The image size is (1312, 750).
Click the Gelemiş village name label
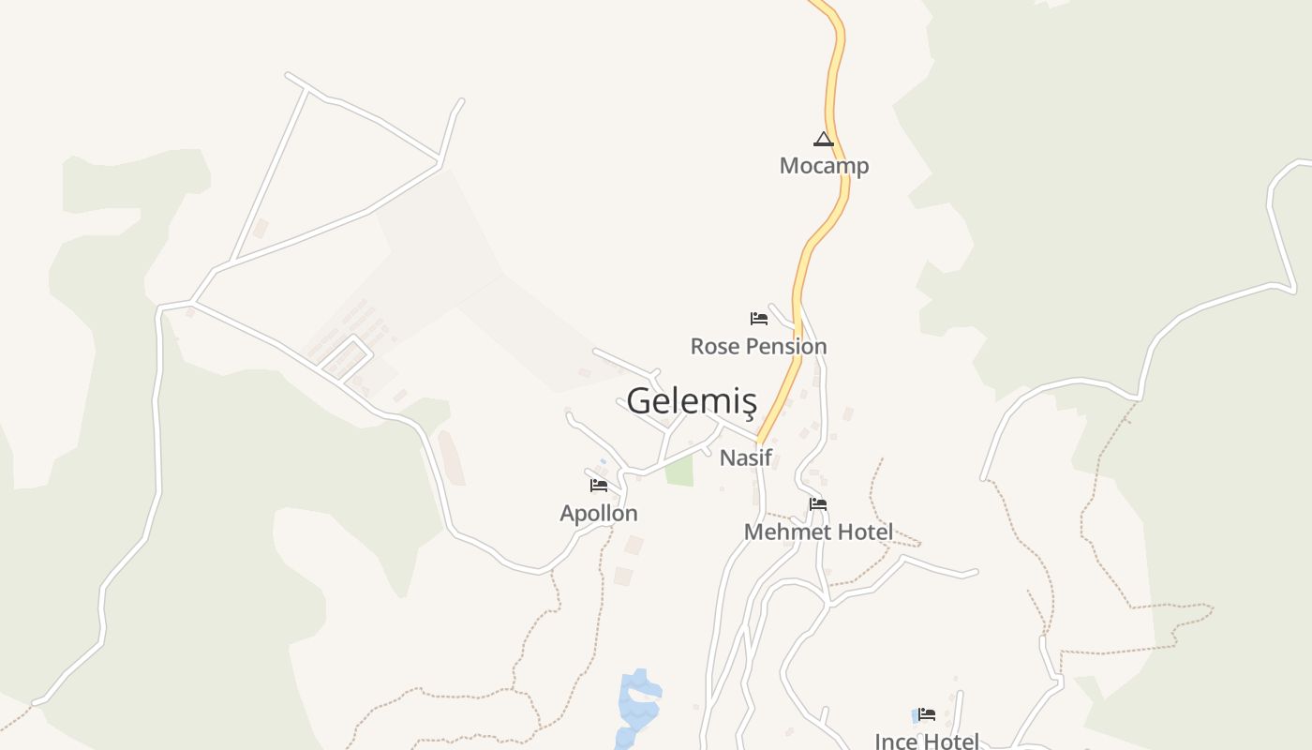tap(691, 401)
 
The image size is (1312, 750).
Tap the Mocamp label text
tap(824, 166)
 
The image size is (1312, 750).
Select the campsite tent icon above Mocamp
tap(823, 141)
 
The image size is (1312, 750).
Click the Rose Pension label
tap(758, 346)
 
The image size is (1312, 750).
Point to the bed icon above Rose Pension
tap(759, 319)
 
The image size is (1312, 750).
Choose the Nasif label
tap(746, 458)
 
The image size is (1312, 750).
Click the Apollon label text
tap(599, 513)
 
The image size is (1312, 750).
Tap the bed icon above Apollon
tap(599, 486)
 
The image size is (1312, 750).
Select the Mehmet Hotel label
tap(818, 532)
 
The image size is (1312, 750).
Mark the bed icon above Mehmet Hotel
tap(818, 504)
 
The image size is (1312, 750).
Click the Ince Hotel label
tap(927, 742)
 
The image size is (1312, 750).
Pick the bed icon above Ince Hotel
tap(927, 714)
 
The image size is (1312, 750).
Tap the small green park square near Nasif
tap(679, 471)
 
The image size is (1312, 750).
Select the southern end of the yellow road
tap(760, 440)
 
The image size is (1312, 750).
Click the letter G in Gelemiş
tap(639, 401)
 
